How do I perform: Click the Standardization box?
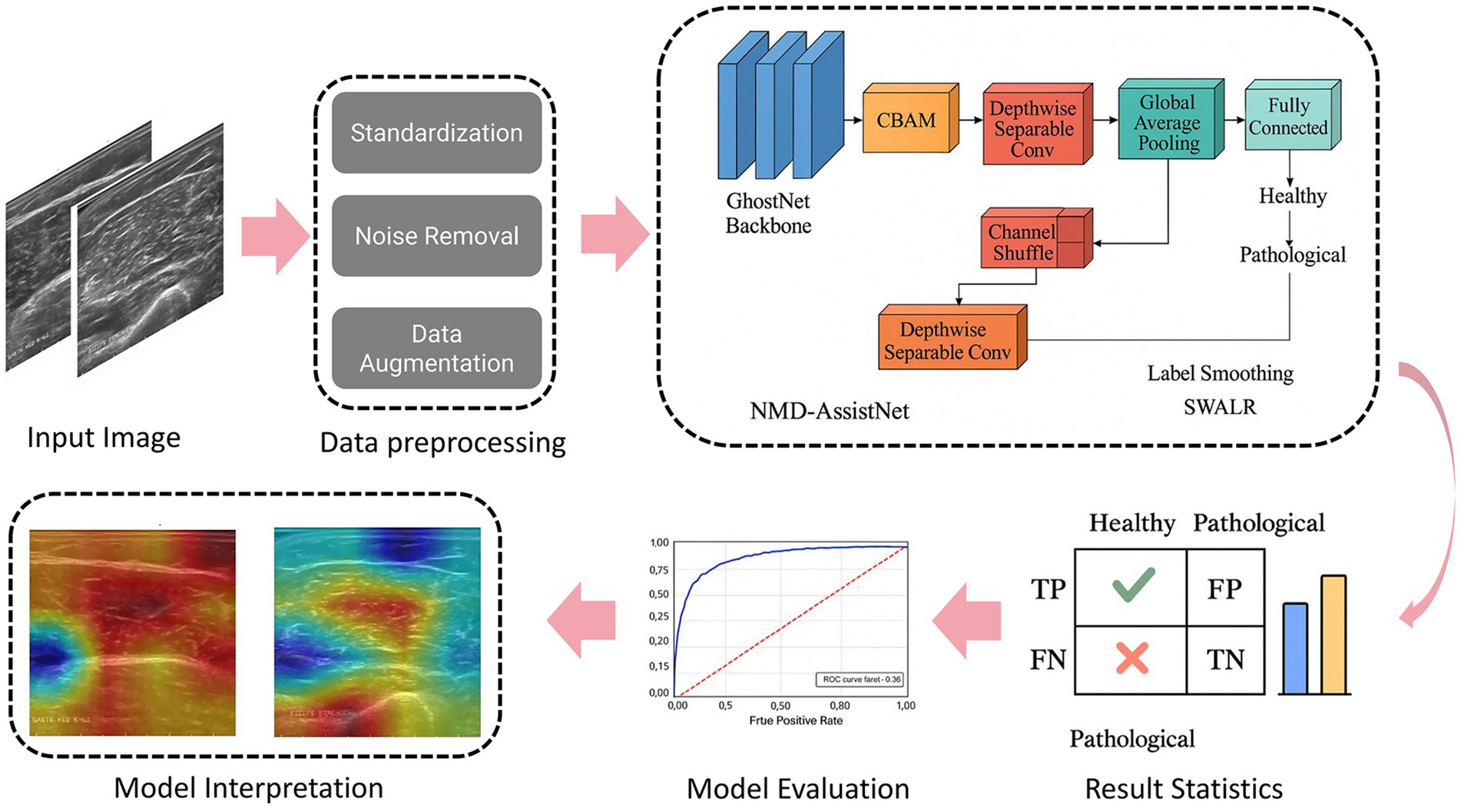[x=436, y=133]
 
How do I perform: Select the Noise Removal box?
[x=436, y=236]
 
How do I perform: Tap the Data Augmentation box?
[x=436, y=348]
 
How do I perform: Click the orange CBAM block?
[x=907, y=121]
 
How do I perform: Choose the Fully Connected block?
[x=1288, y=117]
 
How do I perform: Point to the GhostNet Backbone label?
[x=768, y=214]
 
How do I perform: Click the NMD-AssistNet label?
[x=829, y=411]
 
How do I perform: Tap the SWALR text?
[x=1220, y=407]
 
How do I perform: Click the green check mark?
[x=1133, y=585]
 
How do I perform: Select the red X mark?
[x=1131, y=658]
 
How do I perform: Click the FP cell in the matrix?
[x=1224, y=588]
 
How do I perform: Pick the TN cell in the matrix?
[x=1224, y=660]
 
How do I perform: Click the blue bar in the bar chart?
[x=1295, y=649]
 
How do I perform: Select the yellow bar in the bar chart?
[x=1333, y=635]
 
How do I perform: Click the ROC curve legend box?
[x=860, y=680]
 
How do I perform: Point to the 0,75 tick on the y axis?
[x=659, y=570]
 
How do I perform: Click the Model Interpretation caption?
[x=248, y=788]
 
